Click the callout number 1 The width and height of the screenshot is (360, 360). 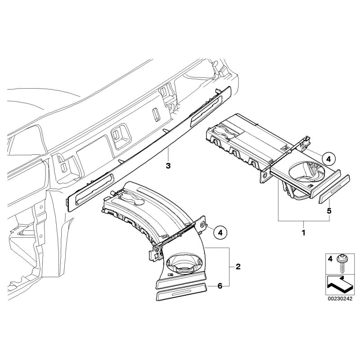point(304,234)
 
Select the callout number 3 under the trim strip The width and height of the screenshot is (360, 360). point(168,166)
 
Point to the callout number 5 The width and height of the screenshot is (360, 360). point(329,211)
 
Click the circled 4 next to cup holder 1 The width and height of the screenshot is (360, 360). point(328,159)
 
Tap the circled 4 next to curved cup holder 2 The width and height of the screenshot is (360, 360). point(220,232)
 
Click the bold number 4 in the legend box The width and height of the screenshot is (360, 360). point(330,259)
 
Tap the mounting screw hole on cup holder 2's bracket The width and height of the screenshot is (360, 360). point(202,224)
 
